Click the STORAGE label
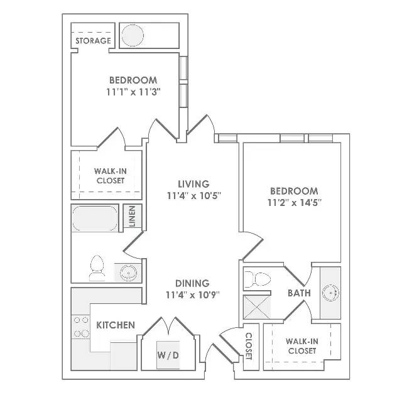[x=93, y=41]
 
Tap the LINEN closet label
[x=132, y=217]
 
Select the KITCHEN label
[x=116, y=325]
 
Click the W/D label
[x=168, y=355]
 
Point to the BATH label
[x=299, y=293]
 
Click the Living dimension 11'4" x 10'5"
[x=194, y=196]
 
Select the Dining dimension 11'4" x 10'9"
[x=193, y=295]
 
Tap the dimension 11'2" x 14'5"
[x=295, y=203]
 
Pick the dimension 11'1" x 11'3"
[x=133, y=92]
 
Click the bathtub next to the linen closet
[x=95, y=218]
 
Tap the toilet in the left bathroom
[x=97, y=268]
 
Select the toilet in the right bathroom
[x=257, y=279]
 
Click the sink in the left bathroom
[x=128, y=273]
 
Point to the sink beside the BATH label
[x=330, y=293]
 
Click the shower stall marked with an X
[x=257, y=307]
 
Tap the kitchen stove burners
[x=82, y=327]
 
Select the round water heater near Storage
[x=133, y=35]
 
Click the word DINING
[x=192, y=283]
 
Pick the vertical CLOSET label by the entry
[x=249, y=346]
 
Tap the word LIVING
[x=194, y=184]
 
